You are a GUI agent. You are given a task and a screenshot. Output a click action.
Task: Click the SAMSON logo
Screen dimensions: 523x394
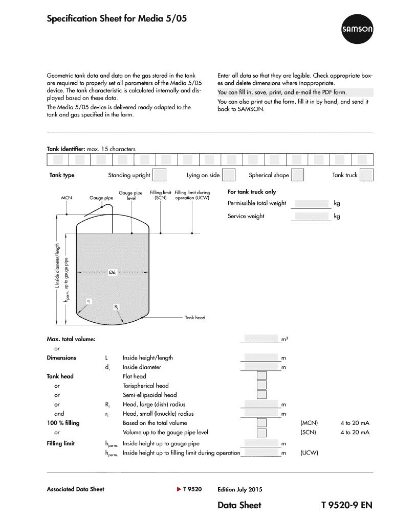(358, 30)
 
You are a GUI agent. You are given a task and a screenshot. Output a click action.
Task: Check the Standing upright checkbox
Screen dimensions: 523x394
(160, 175)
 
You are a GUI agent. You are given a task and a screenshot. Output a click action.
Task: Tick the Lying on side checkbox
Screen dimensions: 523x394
(229, 175)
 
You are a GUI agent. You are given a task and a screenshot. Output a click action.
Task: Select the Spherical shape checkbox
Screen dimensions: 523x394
(297, 175)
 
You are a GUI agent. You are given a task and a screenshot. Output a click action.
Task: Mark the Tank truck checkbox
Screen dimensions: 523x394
(366, 175)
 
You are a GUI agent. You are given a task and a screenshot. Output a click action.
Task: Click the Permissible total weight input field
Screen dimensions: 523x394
(312, 203)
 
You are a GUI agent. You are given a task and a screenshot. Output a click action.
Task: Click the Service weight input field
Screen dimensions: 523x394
(312, 217)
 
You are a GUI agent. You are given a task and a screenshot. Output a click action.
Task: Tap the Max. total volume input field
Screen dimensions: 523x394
(261, 339)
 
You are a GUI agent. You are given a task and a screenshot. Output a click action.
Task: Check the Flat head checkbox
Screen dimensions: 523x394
(261, 376)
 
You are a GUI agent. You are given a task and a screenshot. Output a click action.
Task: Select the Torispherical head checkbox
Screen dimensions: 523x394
(261, 386)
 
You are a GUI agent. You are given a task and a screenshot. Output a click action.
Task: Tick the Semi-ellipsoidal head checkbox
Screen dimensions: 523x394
(261, 395)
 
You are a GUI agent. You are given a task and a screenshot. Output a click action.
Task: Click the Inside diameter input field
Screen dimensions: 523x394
(261, 367)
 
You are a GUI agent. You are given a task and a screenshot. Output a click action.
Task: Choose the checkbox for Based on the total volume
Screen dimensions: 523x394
(261, 423)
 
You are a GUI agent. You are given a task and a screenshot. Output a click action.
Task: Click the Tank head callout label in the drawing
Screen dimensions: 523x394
(195, 318)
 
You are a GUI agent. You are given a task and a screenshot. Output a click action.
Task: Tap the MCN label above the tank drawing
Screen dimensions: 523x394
(67, 198)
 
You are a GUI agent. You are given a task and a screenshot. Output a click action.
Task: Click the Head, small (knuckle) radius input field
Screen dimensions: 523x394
(261, 413)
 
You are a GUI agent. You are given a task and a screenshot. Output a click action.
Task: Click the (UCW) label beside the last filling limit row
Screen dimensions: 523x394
(309, 453)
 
